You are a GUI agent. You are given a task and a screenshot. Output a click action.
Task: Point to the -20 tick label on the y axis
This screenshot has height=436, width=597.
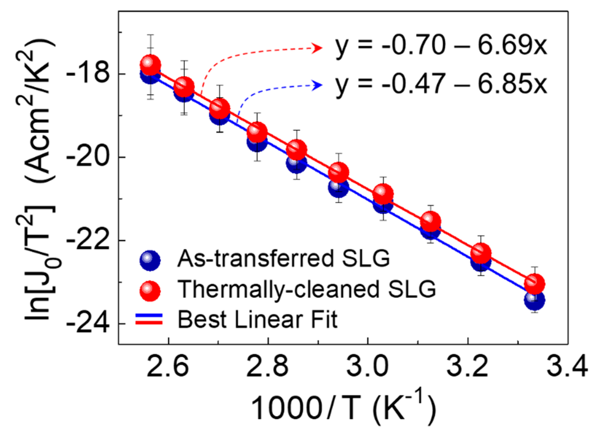pyautogui.click(x=87, y=157)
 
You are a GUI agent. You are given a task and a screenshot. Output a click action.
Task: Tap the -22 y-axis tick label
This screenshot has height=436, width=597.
pyautogui.click(x=87, y=240)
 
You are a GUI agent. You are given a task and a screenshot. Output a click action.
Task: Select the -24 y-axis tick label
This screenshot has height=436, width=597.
pyautogui.click(x=87, y=323)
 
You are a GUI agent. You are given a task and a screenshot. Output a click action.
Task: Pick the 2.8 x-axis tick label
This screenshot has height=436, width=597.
pyautogui.click(x=268, y=367)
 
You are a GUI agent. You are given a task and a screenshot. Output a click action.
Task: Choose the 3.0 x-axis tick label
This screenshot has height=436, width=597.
pyautogui.click(x=368, y=367)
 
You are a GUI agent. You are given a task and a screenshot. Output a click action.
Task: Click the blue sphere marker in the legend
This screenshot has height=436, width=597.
pyautogui.click(x=150, y=260)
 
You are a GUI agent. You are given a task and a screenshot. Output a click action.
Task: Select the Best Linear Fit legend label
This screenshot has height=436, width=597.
pyautogui.click(x=257, y=320)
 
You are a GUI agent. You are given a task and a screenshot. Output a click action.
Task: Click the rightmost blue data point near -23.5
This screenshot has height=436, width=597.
pyautogui.click(x=535, y=300)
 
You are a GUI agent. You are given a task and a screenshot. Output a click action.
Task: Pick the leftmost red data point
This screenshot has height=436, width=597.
pyautogui.click(x=151, y=65)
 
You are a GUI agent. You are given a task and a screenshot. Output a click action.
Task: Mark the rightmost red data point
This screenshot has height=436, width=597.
pyautogui.click(x=535, y=283)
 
